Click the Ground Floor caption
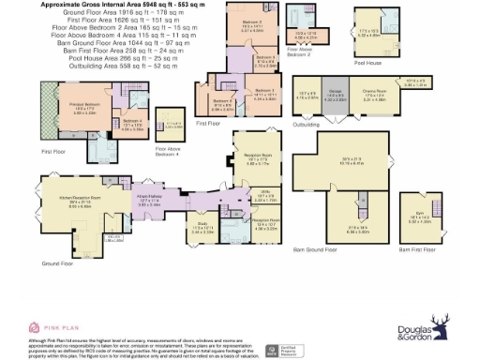pyautogui.click(x=56, y=264)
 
